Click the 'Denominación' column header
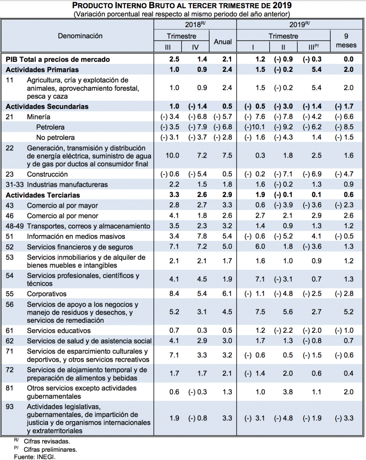coord(80,36)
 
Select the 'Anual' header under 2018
coord(223,42)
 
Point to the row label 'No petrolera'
coord(55,138)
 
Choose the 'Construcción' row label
coord(47,174)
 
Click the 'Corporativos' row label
coord(47,294)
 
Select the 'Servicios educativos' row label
coord(59,331)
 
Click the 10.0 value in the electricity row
coord(172,156)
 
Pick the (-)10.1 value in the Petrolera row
coord(254,127)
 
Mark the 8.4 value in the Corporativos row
coord(174,294)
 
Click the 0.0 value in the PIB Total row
coord(349,59)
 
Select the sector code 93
coord(9,406)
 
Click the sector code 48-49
coord(15,226)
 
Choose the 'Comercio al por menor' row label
coord(62,216)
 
